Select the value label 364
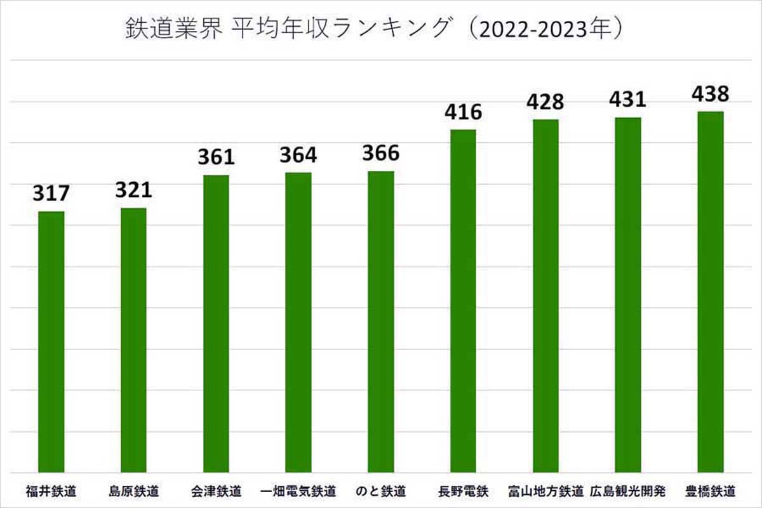(x=298, y=155)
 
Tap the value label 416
(x=463, y=112)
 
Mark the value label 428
(x=545, y=102)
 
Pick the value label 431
(x=627, y=100)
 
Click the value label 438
(x=710, y=94)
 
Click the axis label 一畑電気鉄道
(x=298, y=491)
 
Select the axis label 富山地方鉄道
(x=545, y=491)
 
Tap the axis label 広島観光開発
(x=627, y=491)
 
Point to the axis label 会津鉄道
(x=216, y=491)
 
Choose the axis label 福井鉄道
(x=51, y=491)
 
